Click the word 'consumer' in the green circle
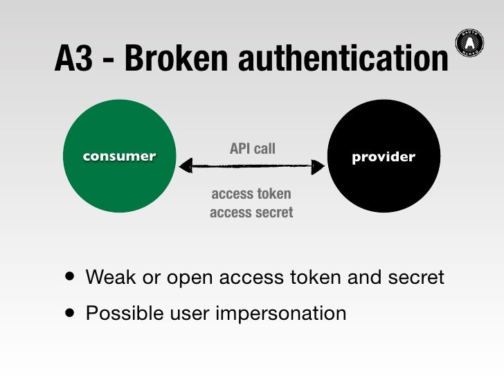(119, 156)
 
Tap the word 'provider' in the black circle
(383, 156)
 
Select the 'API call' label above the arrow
(252, 148)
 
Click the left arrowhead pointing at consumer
(185, 165)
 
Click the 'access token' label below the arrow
(251, 194)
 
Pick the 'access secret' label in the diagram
(251, 213)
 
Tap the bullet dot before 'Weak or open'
(69, 278)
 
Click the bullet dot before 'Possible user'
(69, 314)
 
